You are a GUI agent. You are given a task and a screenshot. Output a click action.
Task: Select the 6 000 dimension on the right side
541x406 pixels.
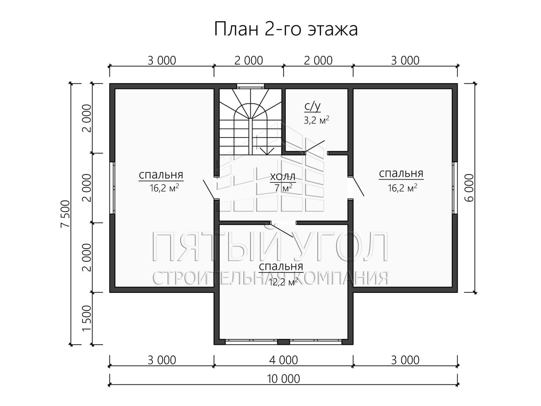469,188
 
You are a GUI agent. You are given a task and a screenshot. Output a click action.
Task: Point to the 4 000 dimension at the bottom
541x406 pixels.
284,360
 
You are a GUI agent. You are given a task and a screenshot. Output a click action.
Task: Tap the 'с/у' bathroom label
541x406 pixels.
312,107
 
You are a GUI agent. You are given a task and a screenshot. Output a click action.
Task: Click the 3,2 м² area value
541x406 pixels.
316,120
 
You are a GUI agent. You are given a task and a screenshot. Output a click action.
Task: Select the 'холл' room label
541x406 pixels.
283,177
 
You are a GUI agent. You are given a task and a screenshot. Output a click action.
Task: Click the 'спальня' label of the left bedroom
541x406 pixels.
161,175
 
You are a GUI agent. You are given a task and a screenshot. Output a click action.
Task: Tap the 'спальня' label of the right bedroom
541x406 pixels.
401,174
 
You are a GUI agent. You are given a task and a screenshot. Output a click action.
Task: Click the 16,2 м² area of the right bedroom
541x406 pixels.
403,188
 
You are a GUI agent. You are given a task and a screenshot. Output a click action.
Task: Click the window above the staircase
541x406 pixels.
251,86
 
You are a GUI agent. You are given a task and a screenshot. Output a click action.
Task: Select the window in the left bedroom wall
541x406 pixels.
112,188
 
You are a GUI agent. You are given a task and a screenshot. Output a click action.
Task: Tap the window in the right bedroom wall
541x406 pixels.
455,188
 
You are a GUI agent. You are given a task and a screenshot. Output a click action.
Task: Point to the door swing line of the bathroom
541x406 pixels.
315,147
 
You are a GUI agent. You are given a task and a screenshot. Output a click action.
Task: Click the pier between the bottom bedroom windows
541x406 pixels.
284,342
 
